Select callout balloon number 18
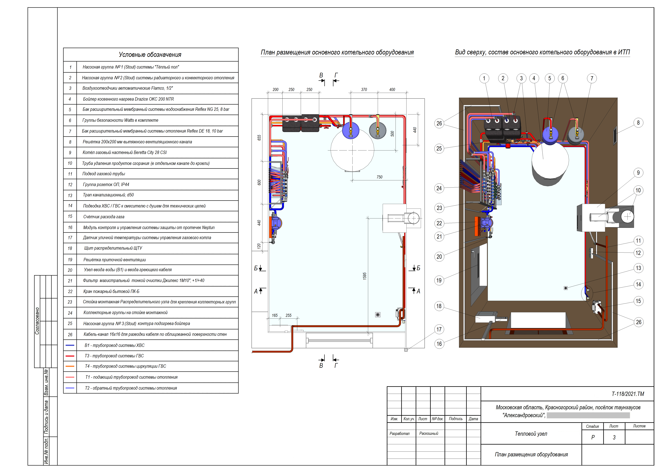pyautogui.click(x=439, y=306)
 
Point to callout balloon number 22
pyautogui.click(x=439, y=223)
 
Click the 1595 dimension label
pyautogui.click(x=365, y=276)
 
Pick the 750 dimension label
pyautogui.click(x=379, y=177)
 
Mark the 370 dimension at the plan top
pyautogui.click(x=364, y=90)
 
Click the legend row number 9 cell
pyautogui.click(x=70, y=153)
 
